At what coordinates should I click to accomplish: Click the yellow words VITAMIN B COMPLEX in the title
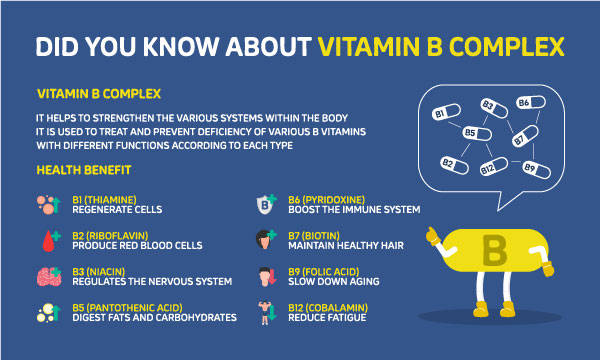click(441, 46)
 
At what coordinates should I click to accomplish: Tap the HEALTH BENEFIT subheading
click(77, 170)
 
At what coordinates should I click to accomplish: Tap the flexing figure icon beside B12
click(267, 311)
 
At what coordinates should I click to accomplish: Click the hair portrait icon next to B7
click(267, 241)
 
